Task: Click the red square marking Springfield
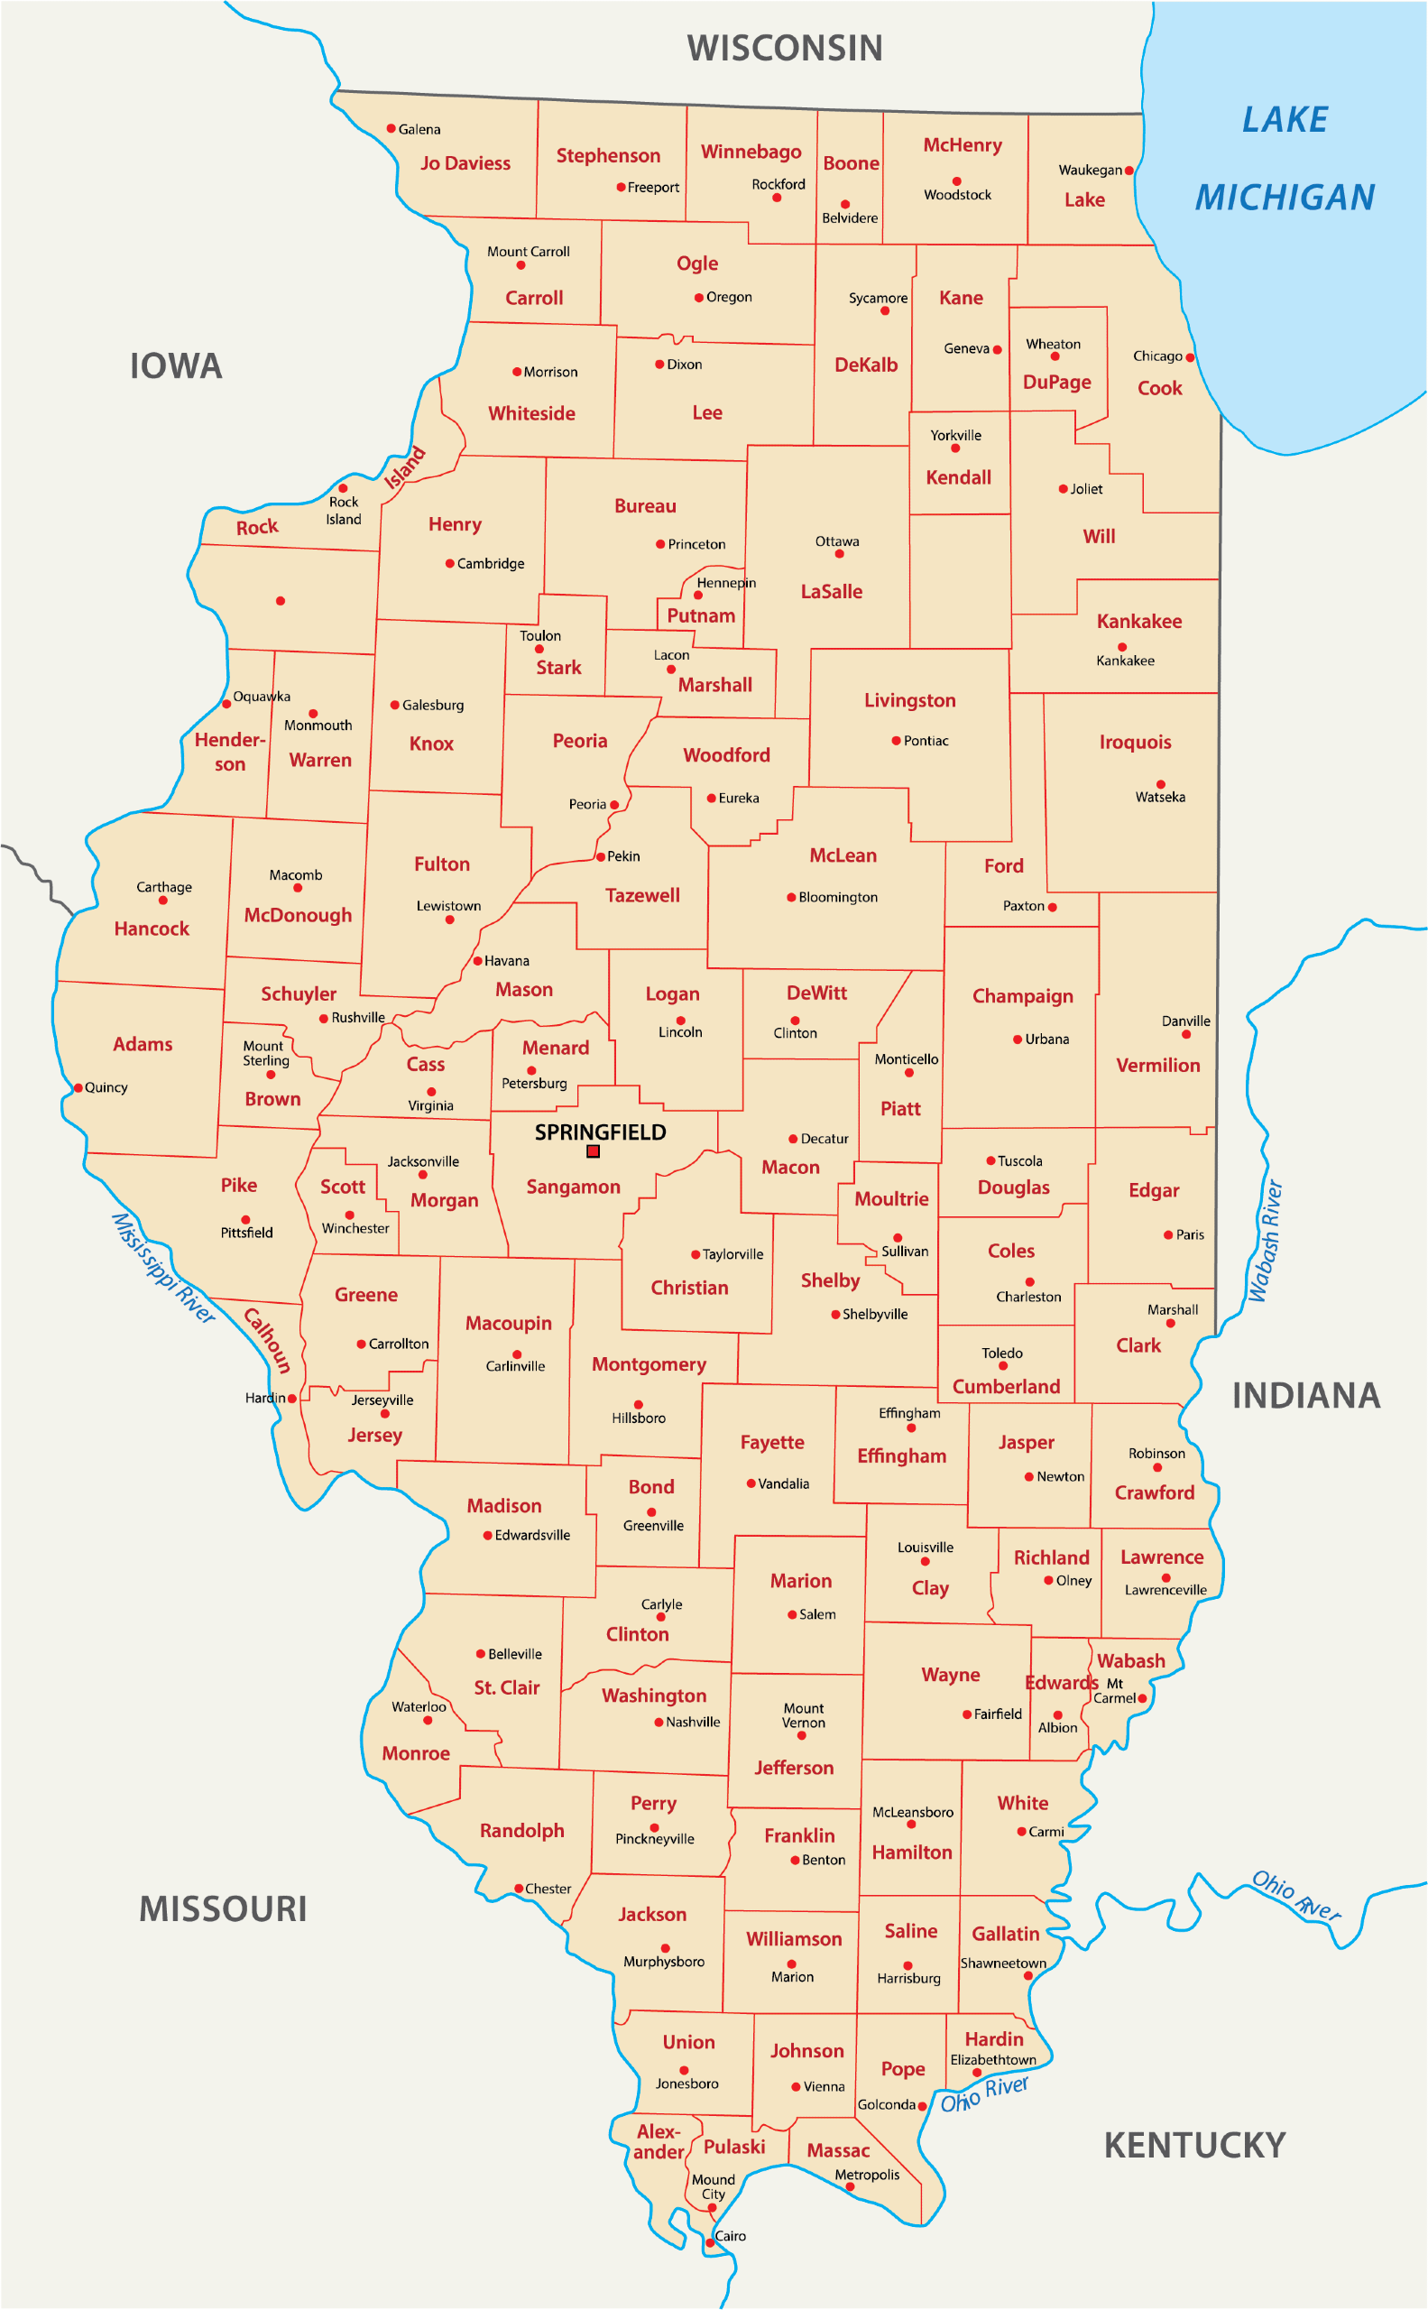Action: click(593, 1150)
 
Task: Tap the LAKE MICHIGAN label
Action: click(1285, 159)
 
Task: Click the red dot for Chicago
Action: click(1190, 357)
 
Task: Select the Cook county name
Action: click(1159, 388)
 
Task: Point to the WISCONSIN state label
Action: click(785, 48)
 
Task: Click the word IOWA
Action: click(176, 366)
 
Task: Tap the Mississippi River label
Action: click(162, 1268)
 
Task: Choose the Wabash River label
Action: click(1265, 1241)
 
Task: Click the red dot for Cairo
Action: click(710, 2243)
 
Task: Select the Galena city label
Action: click(419, 129)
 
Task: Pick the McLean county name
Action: click(843, 855)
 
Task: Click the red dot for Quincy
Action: click(78, 1087)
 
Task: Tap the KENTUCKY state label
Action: click(1194, 2145)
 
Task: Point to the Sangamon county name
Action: click(574, 1187)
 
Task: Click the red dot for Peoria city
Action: click(614, 805)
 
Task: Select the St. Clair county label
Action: click(506, 1687)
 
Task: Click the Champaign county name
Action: click(1023, 996)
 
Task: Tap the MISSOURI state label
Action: click(223, 1908)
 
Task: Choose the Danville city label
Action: click(1185, 1021)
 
